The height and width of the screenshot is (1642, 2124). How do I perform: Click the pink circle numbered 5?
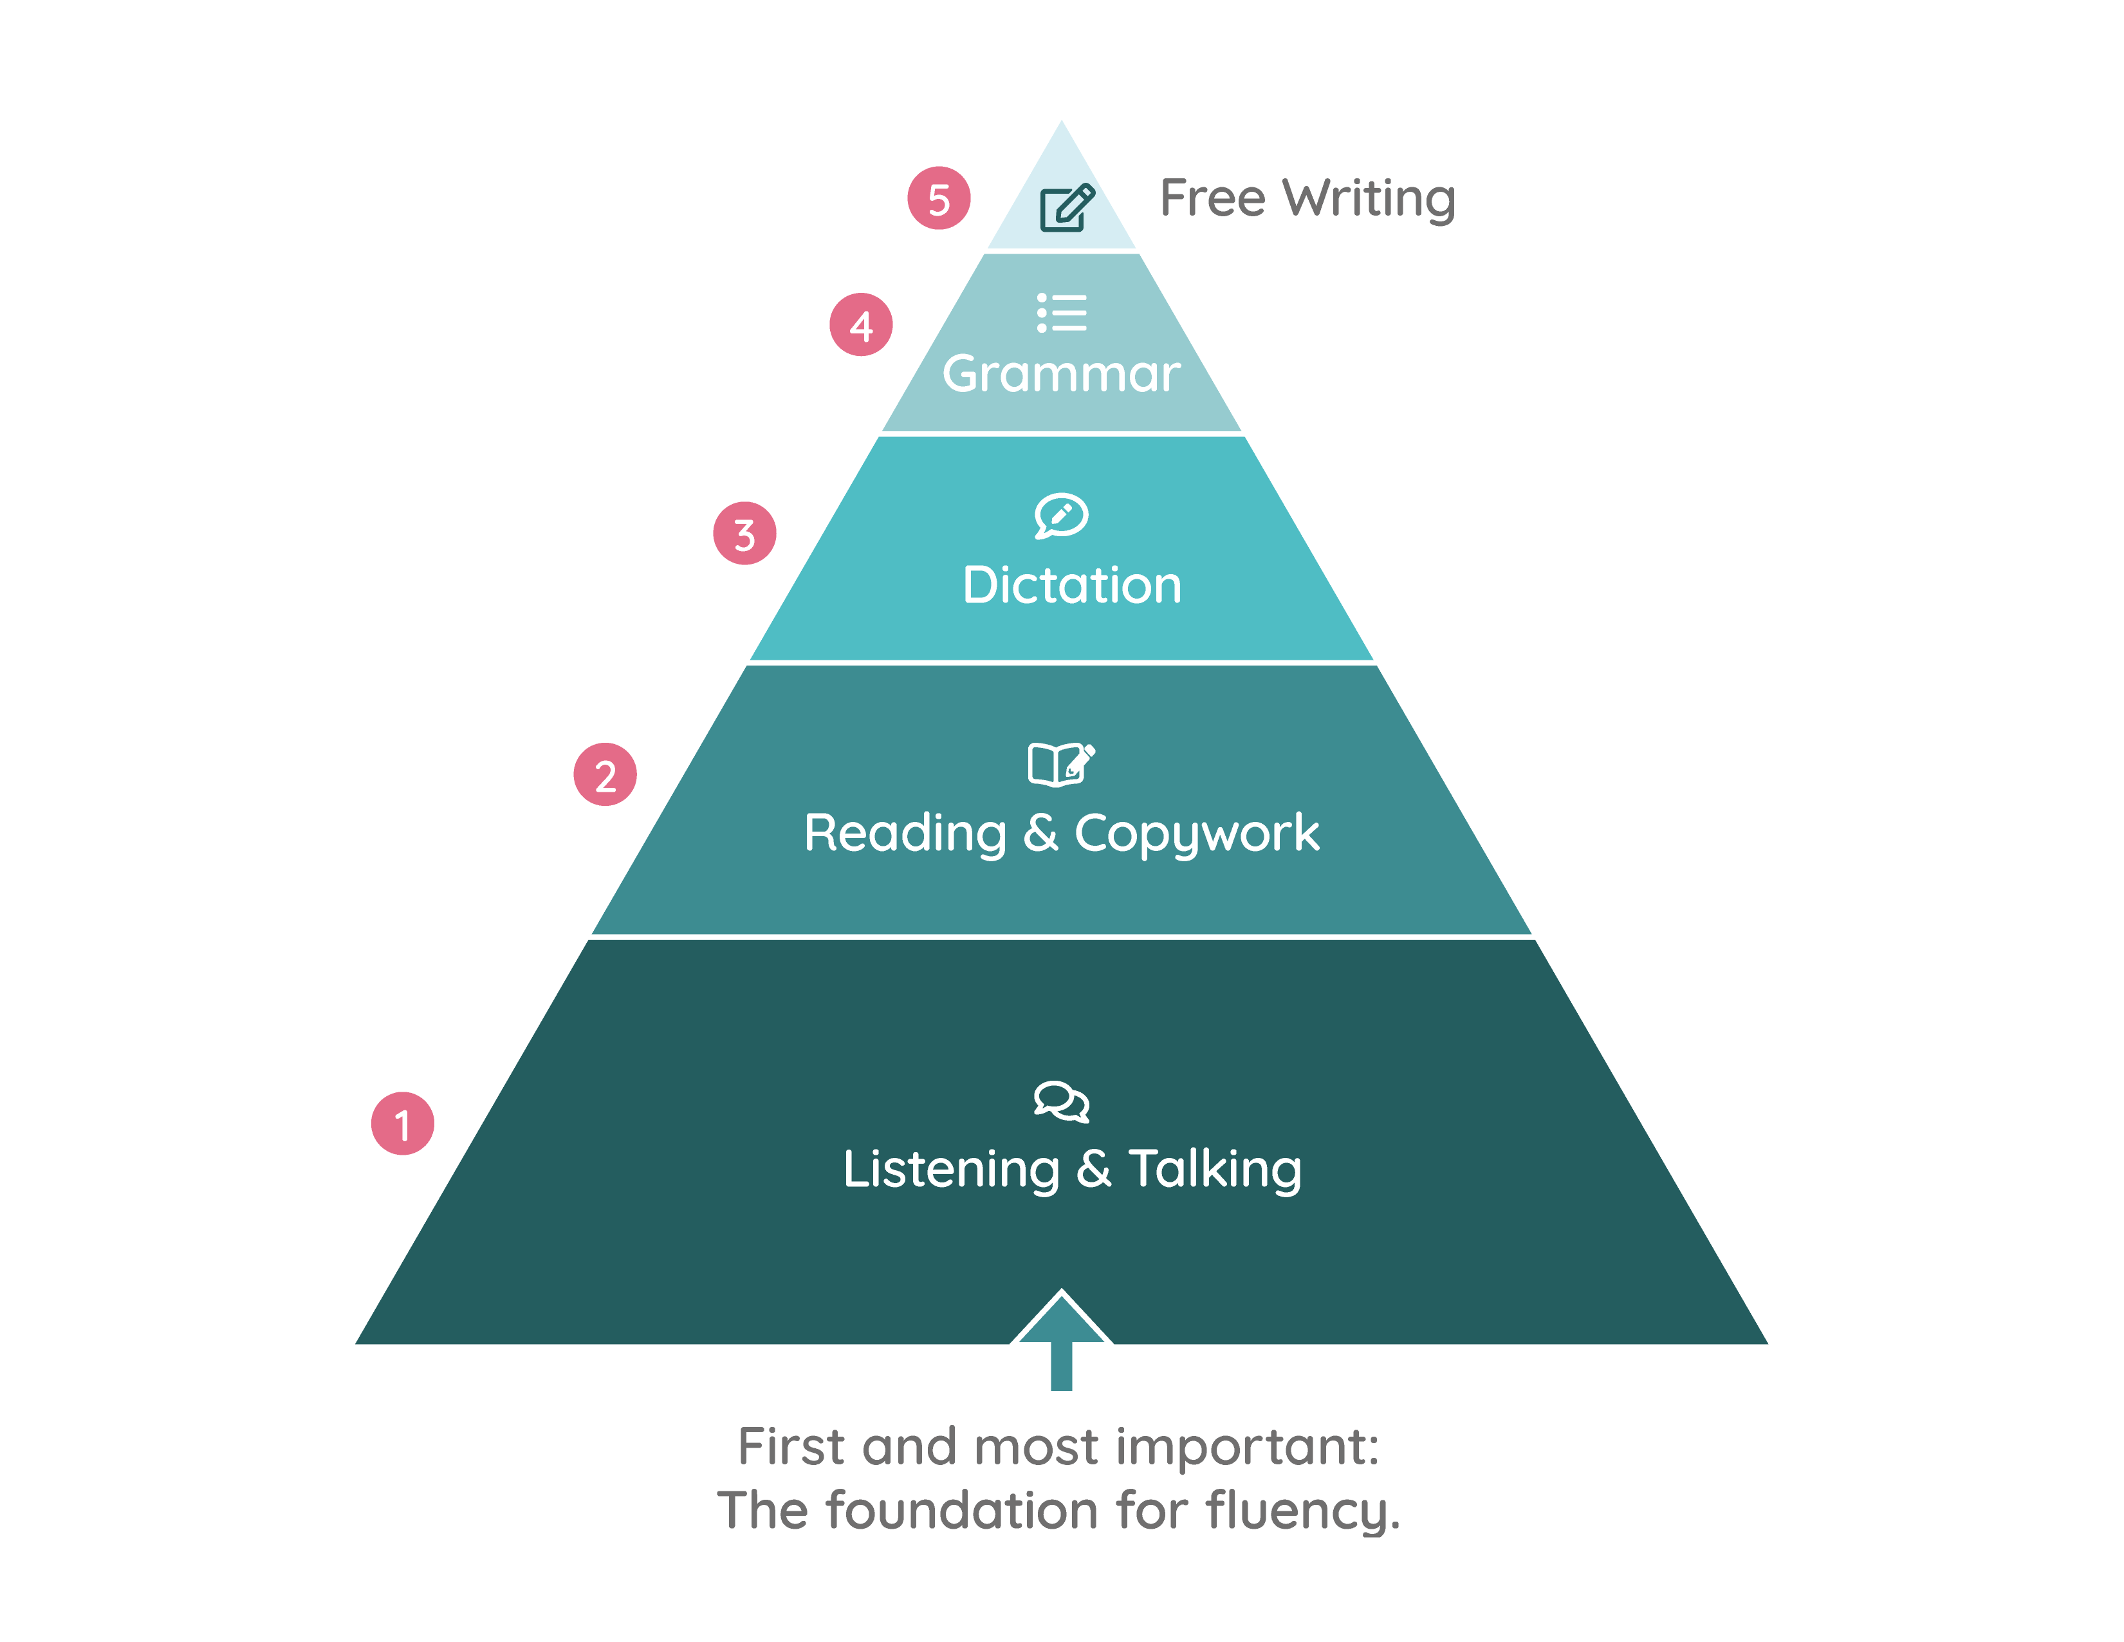click(939, 198)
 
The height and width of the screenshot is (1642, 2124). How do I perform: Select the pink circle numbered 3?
click(745, 533)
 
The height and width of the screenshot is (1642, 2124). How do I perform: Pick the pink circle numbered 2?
click(605, 775)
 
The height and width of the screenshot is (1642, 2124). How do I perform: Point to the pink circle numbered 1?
click(403, 1124)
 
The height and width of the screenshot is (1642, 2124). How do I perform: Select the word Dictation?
click(1072, 586)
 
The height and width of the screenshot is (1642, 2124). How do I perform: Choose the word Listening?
click(951, 1170)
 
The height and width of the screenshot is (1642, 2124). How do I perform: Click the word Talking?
click(1215, 1170)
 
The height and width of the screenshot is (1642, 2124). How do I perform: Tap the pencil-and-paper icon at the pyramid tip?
click(1067, 206)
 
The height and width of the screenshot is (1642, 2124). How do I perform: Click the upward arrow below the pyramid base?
click(1062, 1341)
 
